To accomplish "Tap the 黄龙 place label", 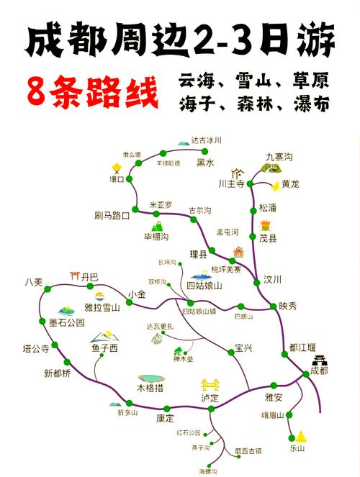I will (x=291, y=183).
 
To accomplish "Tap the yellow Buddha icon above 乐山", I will (x=300, y=435).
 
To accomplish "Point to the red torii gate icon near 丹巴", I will (x=73, y=276).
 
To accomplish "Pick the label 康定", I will (x=166, y=419).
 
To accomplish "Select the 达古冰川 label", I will (x=207, y=140).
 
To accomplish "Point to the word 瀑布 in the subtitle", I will (x=312, y=105).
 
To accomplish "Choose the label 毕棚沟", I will (x=156, y=236).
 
